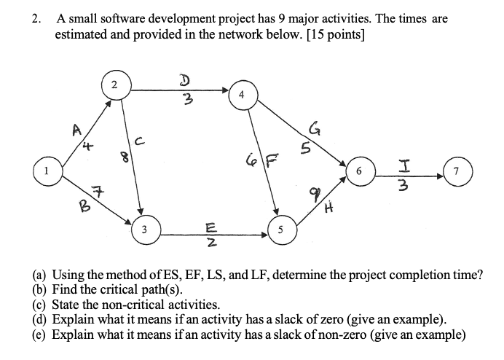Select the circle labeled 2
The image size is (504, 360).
(x=114, y=85)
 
